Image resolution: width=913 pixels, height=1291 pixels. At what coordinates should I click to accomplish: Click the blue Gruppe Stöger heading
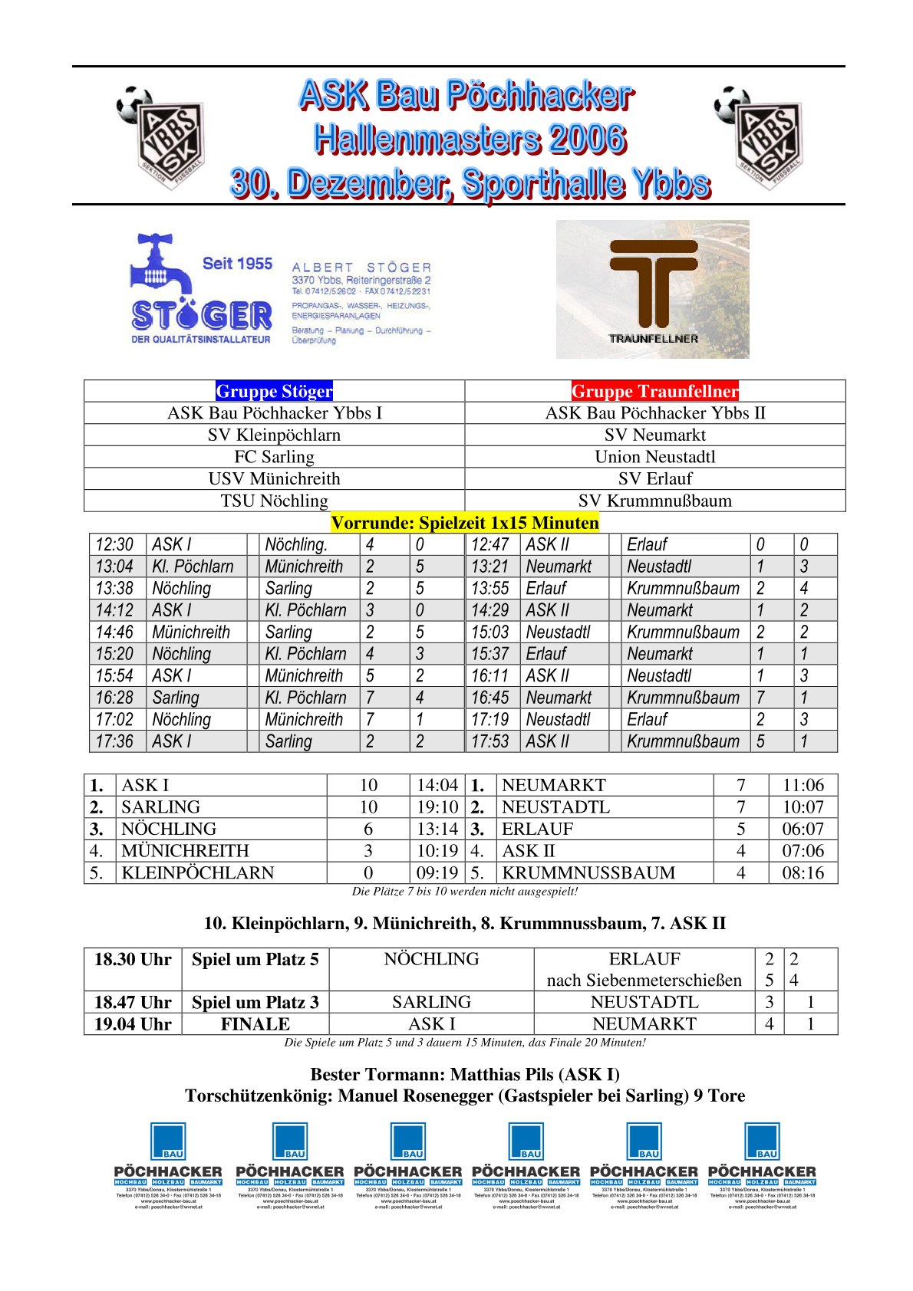click(274, 391)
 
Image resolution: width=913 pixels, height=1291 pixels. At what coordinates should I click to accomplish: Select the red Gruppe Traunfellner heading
click(654, 391)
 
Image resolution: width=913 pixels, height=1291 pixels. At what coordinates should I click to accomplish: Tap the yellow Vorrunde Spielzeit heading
click(464, 523)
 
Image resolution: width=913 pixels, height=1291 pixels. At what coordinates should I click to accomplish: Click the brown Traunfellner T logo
click(653, 282)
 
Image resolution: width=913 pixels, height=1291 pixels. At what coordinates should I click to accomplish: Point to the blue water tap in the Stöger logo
click(160, 264)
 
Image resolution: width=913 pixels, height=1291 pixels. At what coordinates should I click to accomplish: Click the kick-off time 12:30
click(114, 544)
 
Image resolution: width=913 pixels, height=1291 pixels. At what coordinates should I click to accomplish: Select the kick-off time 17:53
click(489, 741)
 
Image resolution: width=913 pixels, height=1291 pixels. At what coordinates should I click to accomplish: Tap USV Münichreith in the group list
click(274, 478)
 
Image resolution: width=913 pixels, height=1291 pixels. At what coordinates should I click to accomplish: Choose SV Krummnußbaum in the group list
click(654, 501)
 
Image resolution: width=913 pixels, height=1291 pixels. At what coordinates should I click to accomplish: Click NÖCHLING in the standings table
click(169, 829)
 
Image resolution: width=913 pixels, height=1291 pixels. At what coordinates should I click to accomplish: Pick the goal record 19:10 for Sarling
click(437, 806)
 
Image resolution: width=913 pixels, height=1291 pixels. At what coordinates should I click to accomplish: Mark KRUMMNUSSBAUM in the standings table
click(588, 872)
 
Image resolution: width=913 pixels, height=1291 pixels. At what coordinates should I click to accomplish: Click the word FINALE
click(255, 1024)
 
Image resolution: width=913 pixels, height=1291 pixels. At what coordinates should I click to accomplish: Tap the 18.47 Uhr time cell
click(133, 1002)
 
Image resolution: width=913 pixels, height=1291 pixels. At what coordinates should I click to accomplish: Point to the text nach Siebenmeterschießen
click(644, 980)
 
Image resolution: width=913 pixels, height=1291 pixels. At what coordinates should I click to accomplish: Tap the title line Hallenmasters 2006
click(470, 139)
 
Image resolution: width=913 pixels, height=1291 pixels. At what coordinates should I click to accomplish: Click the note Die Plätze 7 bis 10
click(464, 891)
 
